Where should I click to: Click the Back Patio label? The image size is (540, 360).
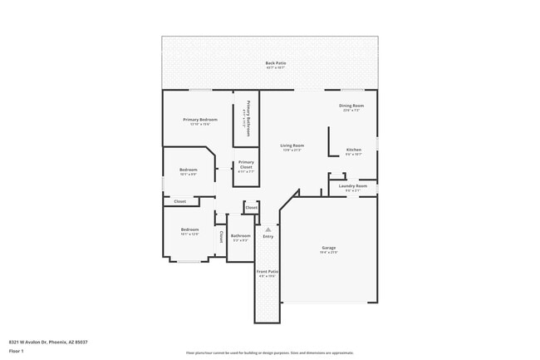click(270, 63)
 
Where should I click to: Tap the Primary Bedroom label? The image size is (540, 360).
click(200, 120)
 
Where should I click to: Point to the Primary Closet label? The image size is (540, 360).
click(246, 165)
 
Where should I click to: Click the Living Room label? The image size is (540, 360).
click(292, 145)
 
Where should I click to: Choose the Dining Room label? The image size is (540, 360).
click(351, 106)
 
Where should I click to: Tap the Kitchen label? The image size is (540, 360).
click(354, 150)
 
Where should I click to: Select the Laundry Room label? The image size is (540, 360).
click(352, 186)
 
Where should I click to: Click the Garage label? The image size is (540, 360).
click(329, 248)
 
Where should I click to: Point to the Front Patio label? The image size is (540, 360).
click(268, 271)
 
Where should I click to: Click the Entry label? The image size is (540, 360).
click(268, 237)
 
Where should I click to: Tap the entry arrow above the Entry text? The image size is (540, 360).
click(268, 229)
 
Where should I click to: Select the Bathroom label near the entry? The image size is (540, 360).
click(241, 236)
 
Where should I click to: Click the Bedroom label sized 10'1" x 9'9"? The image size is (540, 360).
click(189, 170)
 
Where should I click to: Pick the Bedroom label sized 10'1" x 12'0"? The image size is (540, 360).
click(190, 229)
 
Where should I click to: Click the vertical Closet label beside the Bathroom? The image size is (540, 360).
click(221, 237)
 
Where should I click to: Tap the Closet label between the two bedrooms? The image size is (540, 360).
click(179, 201)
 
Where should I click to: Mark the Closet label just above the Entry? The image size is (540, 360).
click(251, 206)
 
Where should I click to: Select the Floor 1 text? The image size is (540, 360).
click(17, 350)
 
